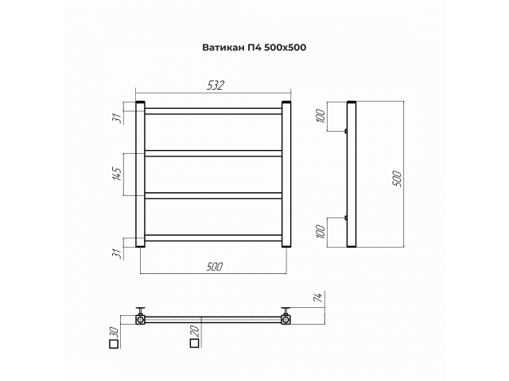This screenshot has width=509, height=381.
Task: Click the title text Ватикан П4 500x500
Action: [254, 48]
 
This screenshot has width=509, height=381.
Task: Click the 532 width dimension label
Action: [216, 85]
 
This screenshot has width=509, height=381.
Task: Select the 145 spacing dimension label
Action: [117, 174]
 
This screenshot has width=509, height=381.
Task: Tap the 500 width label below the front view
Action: [214, 267]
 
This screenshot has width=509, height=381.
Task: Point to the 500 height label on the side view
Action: [397, 179]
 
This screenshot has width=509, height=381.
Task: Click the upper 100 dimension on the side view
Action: [320, 116]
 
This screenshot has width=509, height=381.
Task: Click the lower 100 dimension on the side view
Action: [320, 231]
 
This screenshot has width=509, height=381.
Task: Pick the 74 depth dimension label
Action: [318, 297]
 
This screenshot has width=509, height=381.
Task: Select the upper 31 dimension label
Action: [117, 118]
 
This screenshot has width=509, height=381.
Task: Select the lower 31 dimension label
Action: [118, 254]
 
